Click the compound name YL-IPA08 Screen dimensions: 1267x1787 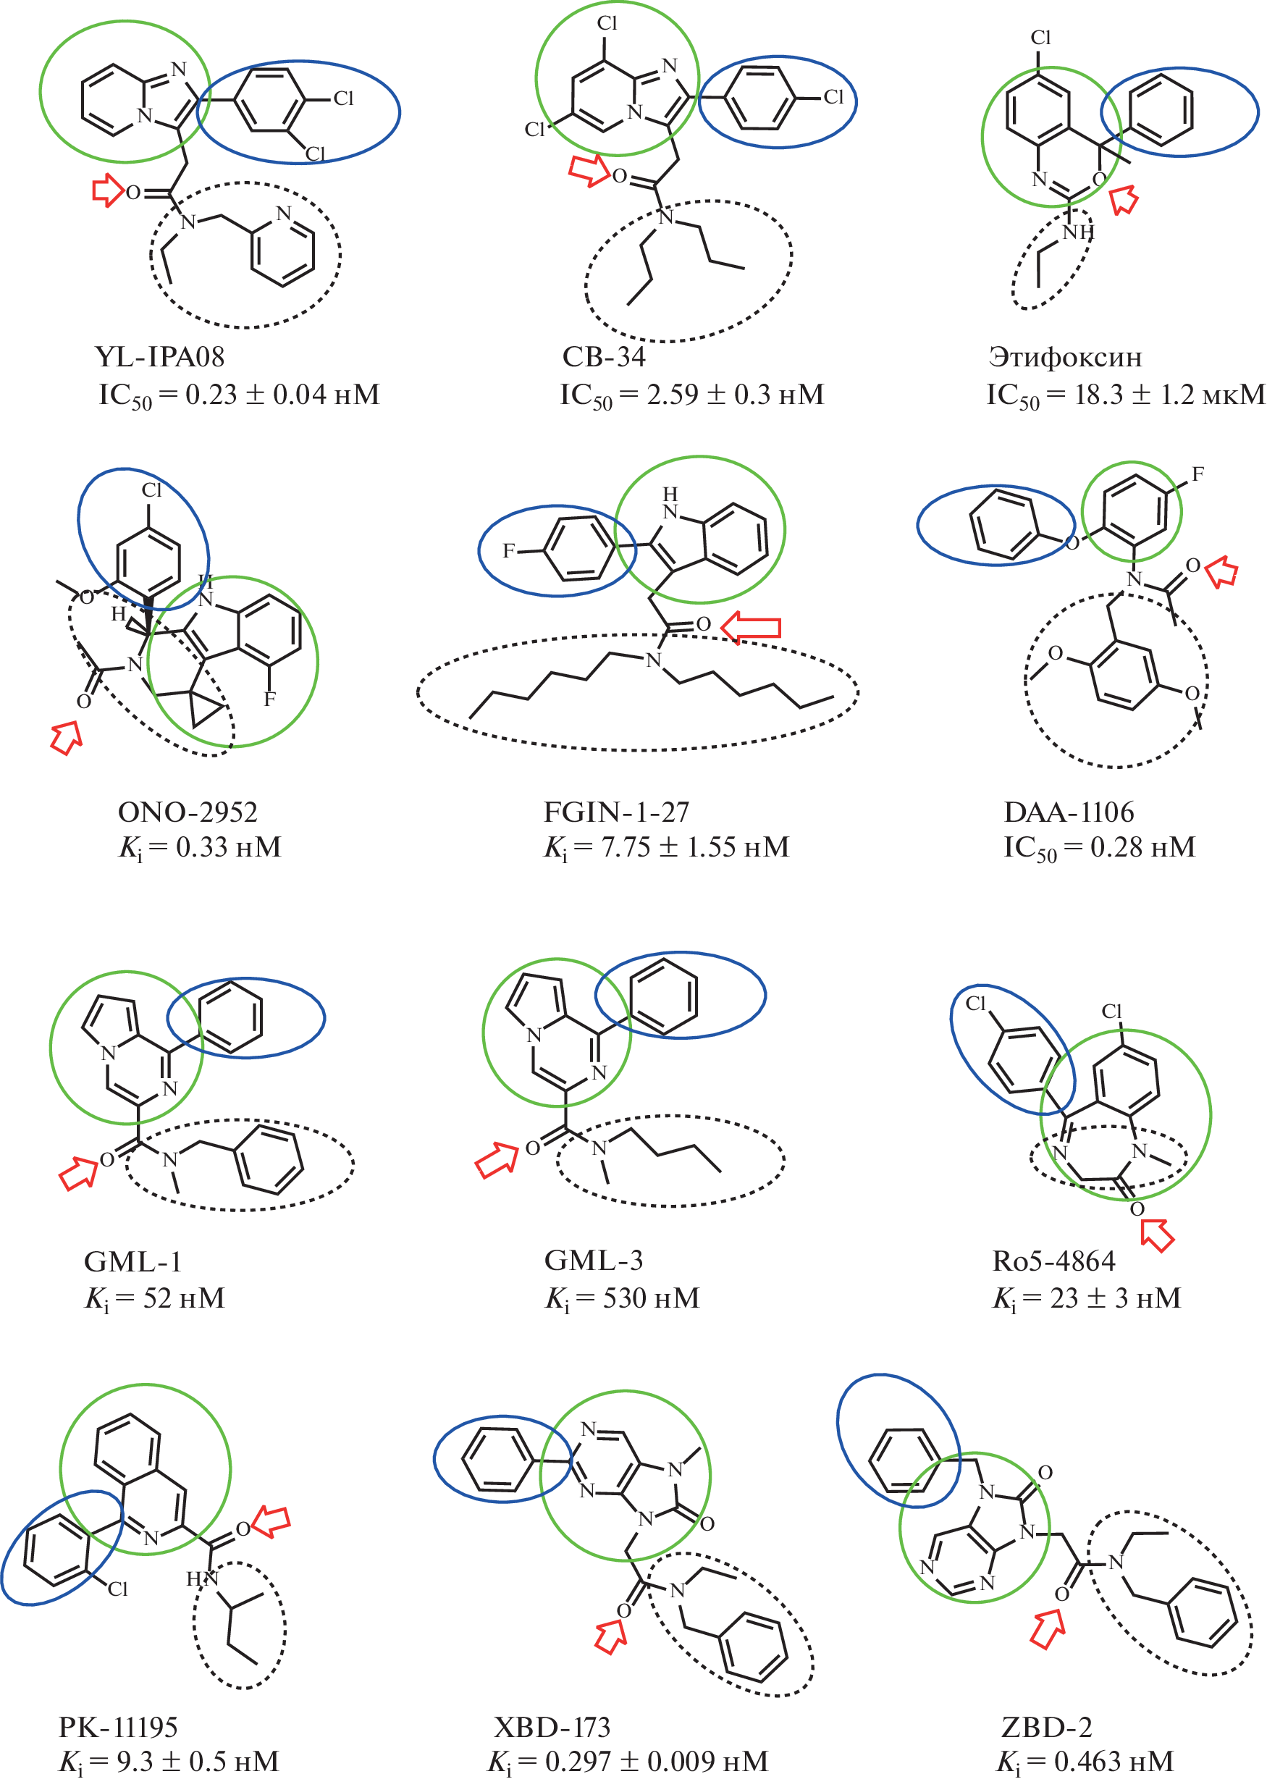point(160,357)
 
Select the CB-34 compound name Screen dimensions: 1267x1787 point(604,357)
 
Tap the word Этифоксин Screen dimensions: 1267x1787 point(1065,357)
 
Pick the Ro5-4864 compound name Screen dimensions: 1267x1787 point(1053,1261)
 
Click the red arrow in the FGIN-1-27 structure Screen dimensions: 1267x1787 point(751,626)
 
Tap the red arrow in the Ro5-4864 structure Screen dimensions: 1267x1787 point(1158,1235)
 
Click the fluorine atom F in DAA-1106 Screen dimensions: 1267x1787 point(1197,474)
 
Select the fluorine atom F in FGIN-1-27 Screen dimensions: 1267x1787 point(509,551)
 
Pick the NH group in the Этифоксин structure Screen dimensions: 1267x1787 point(1079,232)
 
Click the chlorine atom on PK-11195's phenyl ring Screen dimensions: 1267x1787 point(117,1589)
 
